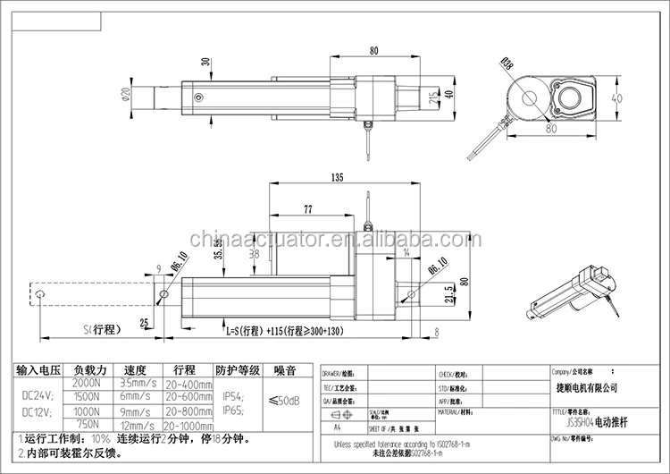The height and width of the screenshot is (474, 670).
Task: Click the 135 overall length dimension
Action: (336, 178)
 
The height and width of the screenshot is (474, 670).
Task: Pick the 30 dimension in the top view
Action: (205, 63)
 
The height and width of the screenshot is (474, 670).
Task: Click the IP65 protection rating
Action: (234, 411)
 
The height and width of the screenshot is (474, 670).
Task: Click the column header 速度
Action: (136, 369)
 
